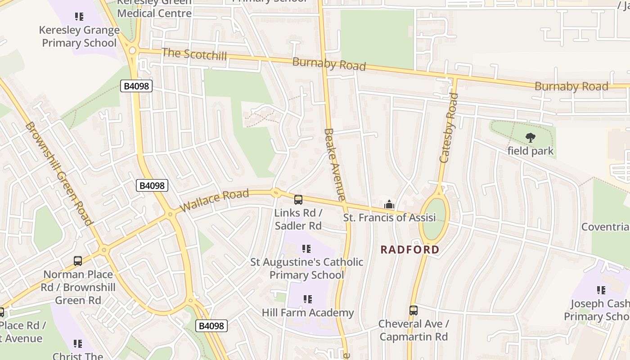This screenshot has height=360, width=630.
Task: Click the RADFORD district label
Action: pos(409,249)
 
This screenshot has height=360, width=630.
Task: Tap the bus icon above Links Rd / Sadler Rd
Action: pos(298,200)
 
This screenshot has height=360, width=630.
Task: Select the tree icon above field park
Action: pos(531,138)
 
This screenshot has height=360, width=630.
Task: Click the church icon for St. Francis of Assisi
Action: pos(389,205)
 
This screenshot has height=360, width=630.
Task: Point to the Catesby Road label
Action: pos(449,128)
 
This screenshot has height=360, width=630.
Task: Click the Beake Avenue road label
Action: pos(334,164)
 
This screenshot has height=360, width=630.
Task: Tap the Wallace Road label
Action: pos(215,201)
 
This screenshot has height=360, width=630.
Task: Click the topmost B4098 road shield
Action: pos(136,86)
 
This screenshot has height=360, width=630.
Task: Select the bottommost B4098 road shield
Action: pos(211,326)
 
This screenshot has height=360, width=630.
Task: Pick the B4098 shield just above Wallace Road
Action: pos(152,185)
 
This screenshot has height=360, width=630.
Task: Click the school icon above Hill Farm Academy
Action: pos(308,299)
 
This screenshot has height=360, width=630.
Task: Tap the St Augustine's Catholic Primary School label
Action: pos(306,268)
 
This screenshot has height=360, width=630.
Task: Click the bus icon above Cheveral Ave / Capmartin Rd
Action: pos(413,310)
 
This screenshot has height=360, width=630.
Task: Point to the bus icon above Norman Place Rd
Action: pos(77,261)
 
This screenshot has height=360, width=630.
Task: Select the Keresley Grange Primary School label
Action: pos(79,36)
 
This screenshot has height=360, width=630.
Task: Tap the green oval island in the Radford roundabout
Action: pos(435,219)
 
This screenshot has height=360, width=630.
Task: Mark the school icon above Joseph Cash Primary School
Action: pos(601,290)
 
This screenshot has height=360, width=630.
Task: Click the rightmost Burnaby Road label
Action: pos(571,86)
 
